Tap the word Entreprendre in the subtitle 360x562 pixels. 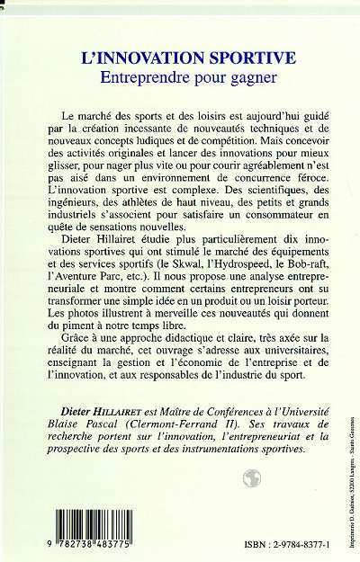tap(128, 79)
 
